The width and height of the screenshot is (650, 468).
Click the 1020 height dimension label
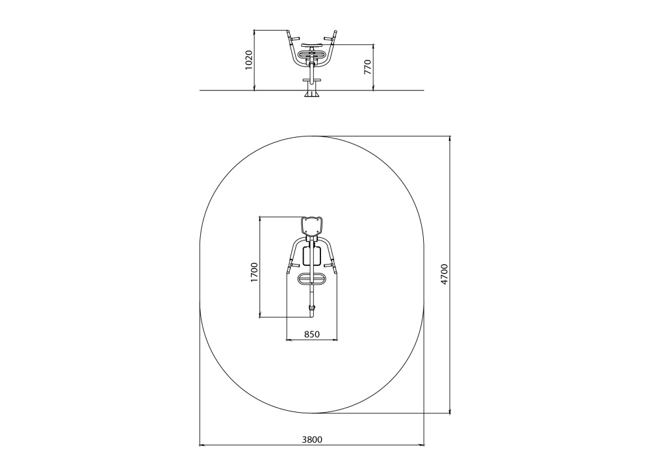[x=249, y=60]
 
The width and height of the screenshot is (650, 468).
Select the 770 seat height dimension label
[x=368, y=67]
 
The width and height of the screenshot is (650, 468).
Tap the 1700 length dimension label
[x=254, y=272]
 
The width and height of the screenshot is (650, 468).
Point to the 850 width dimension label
[x=312, y=334]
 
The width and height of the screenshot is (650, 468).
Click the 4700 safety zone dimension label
[x=445, y=274]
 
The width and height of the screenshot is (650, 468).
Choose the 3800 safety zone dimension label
[x=312, y=439]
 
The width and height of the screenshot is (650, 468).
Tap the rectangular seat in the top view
[x=312, y=255]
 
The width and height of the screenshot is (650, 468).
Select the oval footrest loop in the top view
[x=312, y=279]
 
